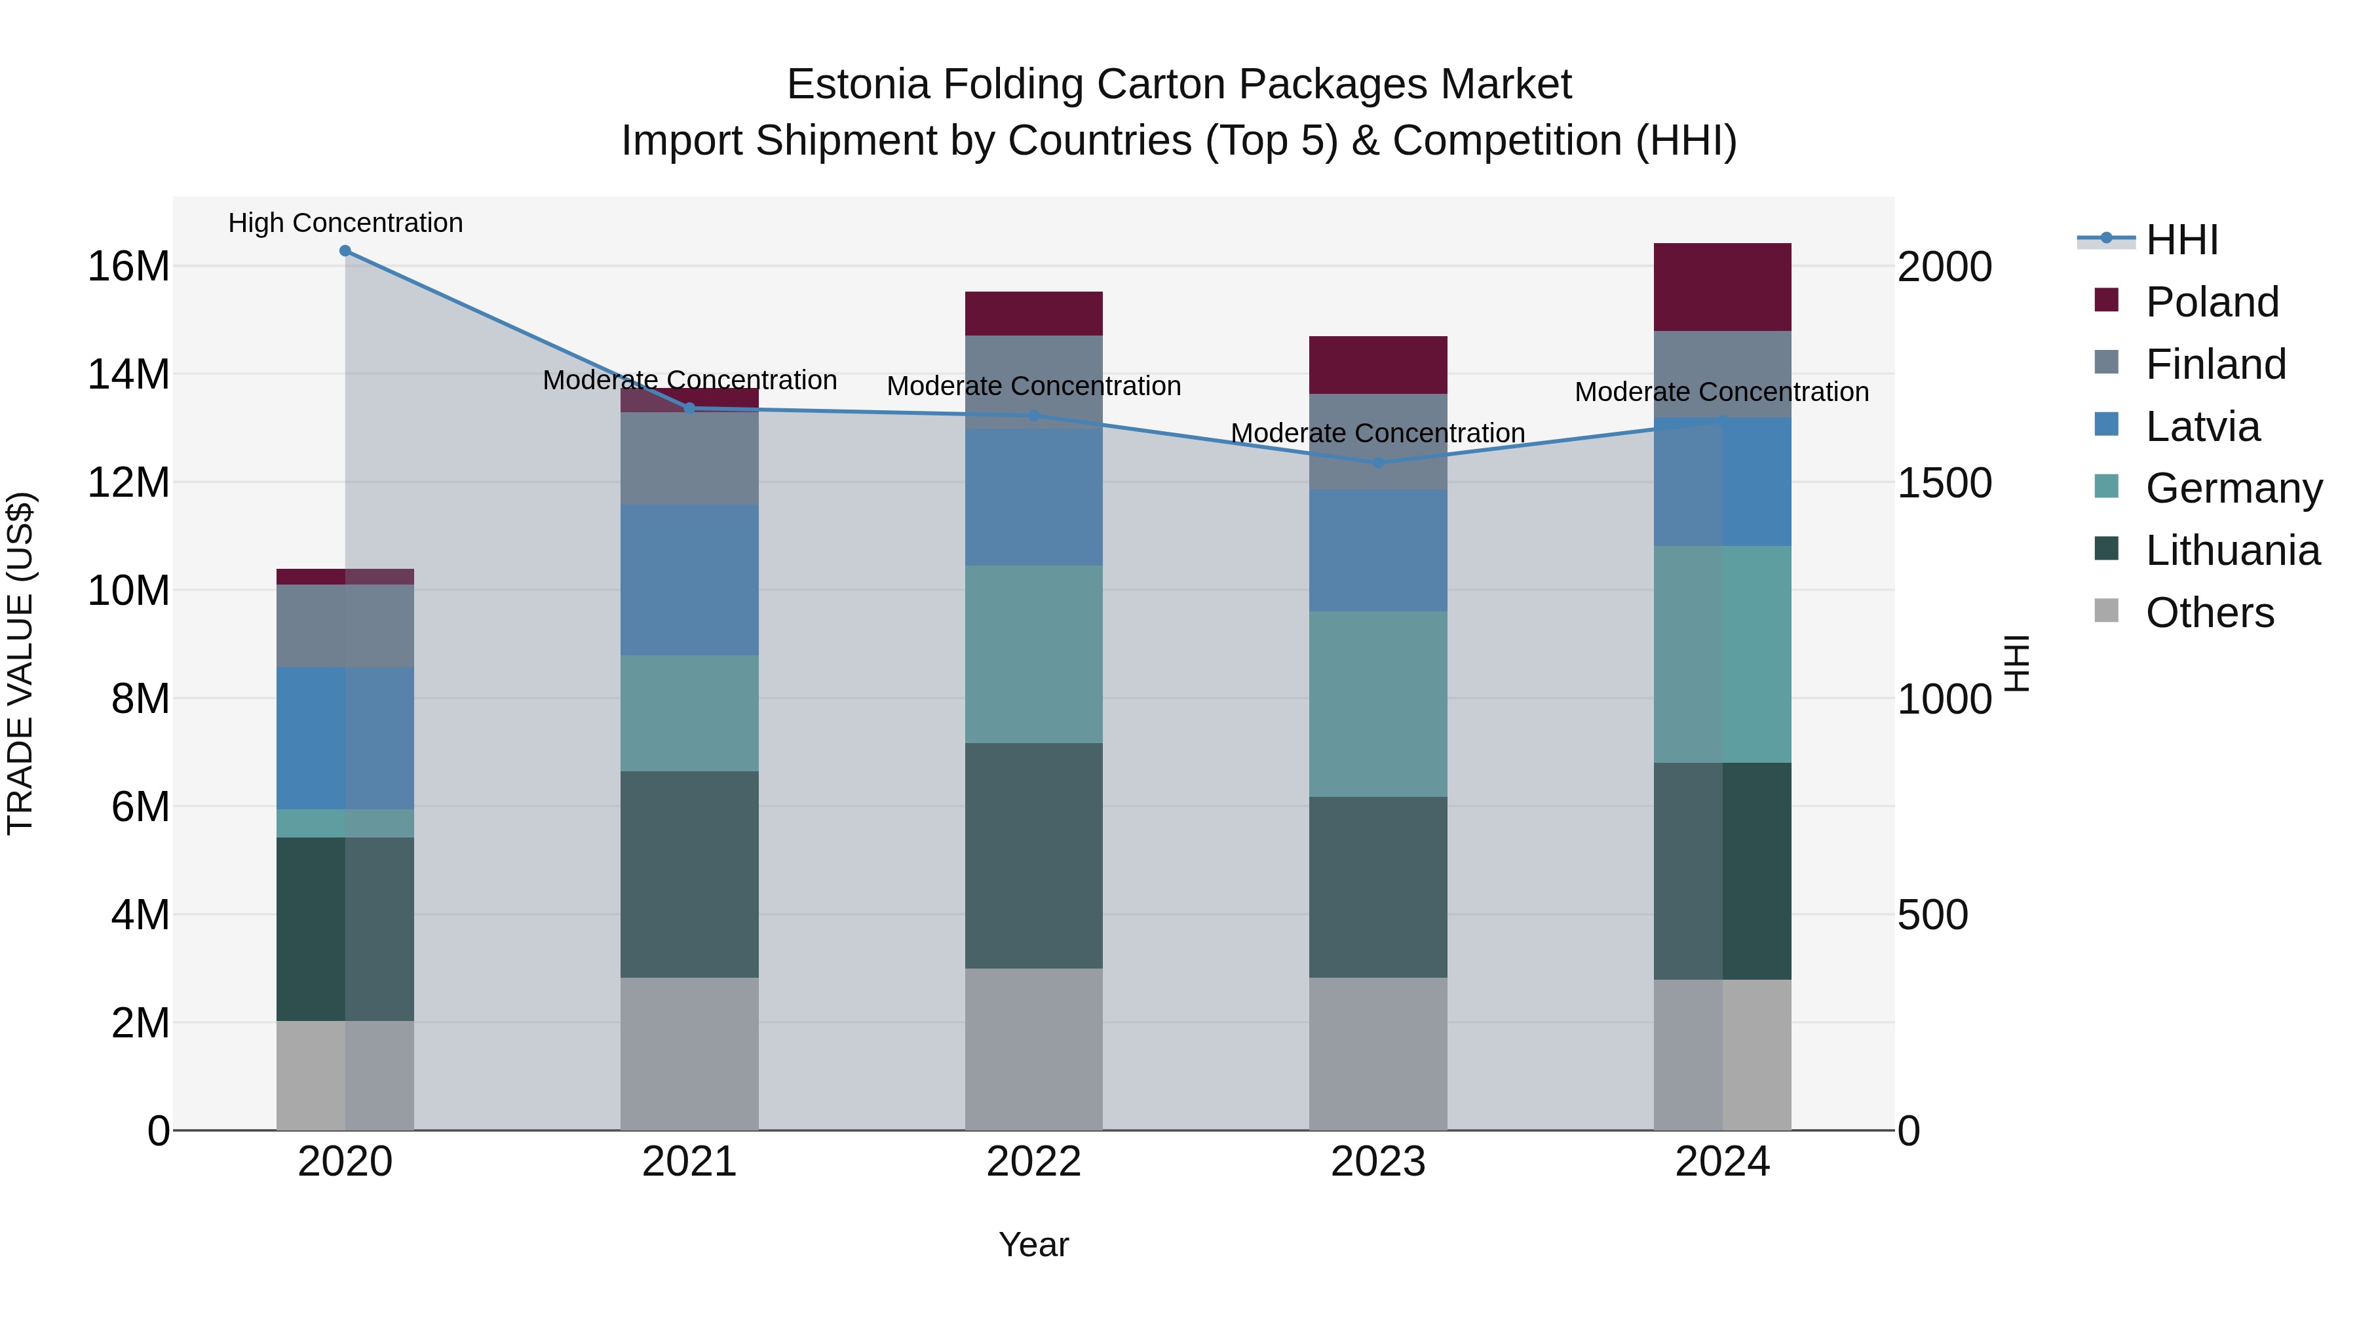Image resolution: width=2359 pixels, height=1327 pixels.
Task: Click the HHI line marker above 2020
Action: [x=345, y=251]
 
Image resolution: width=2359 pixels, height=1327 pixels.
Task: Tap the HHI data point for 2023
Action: [x=1378, y=463]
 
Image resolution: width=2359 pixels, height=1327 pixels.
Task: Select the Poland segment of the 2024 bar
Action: [x=1723, y=286]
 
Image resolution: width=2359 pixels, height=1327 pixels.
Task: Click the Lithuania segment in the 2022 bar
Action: [x=1034, y=855]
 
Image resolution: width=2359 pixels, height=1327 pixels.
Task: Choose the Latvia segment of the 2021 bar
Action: [x=689, y=580]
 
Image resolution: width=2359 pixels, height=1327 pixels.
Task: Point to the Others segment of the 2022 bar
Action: [x=1034, y=1048]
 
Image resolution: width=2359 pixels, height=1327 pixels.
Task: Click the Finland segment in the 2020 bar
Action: [x=345, y=626]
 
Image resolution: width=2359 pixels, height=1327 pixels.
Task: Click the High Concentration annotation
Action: [x=345, y=223]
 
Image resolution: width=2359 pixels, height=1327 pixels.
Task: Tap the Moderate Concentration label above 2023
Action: [x=1378, y=433]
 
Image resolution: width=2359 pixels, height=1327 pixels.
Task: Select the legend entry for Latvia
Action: [x=2202, y=426]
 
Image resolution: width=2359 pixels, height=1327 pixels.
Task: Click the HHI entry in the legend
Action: [x=2181, y=239]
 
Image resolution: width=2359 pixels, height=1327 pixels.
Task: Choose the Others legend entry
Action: [x=2209, y=612]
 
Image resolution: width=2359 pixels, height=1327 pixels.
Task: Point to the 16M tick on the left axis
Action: [x=128, y=267]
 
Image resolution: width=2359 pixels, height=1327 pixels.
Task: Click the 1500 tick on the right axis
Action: [x=1944, y=482]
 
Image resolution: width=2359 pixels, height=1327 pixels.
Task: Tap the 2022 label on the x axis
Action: [x=1034, y=1162]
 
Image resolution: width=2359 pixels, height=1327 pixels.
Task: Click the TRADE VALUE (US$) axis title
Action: [x=20, y=663]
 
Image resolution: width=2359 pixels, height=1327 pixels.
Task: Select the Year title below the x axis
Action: [x=1034, y=1244]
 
